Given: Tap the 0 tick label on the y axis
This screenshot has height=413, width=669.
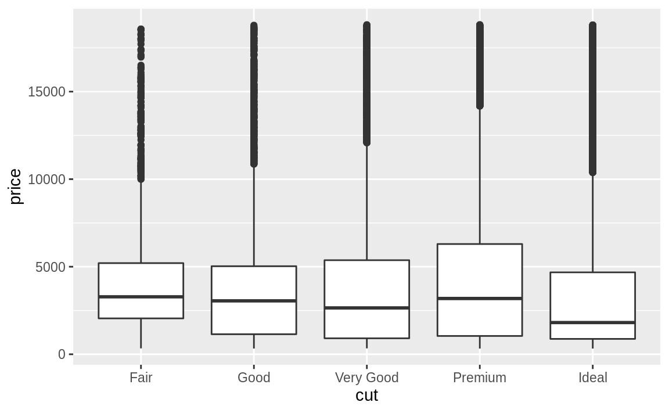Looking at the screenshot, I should click(x=62, y=354).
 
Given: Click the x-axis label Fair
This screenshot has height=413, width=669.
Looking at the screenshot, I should click(x=141, y=378).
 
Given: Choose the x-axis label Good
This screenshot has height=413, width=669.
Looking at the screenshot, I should click(x=254, y=378).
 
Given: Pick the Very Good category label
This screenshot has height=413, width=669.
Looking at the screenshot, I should click(x=366, y=378).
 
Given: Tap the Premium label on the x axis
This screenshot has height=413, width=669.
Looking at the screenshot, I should click(x=480, y=378).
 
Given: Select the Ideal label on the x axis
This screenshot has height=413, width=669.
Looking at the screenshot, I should click(x=592, y=378).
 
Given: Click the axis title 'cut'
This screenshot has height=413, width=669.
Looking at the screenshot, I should click(x=366, y=396).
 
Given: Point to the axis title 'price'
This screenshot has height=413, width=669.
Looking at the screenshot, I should click(x=16, y=186).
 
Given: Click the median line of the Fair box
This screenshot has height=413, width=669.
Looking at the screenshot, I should click(x=141, y=297).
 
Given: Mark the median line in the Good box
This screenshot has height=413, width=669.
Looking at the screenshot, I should click(x=254, y=301).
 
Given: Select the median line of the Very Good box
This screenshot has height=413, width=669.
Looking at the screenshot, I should click(x=366, y=308).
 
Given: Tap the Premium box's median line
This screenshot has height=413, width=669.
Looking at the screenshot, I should click(x=480, y=299).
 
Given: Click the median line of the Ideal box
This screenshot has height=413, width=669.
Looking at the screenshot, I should click(x=592, y=322).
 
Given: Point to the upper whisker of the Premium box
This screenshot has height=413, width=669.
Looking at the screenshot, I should click(x=480, y=174).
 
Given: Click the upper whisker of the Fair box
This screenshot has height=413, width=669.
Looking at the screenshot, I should click(x=141, y=221).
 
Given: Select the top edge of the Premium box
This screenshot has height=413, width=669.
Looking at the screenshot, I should click(x=480, y=244).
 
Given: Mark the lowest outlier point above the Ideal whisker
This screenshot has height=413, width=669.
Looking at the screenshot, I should click(x=592, y=172).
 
